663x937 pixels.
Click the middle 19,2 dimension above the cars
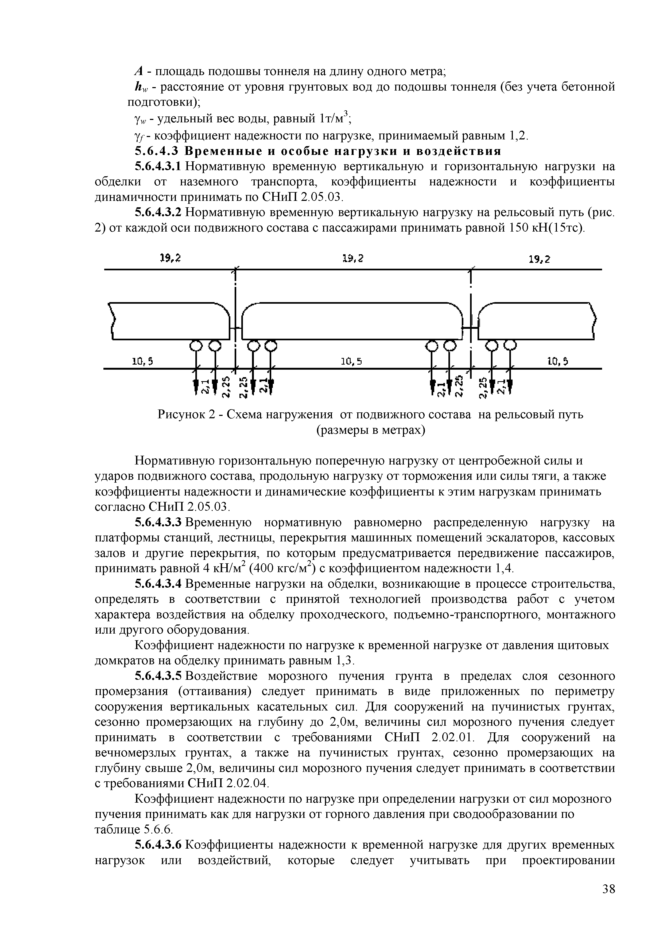[x=353, y=258]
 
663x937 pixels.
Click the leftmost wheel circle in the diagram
[x=196, y=346]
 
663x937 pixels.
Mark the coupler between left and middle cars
[x=235, y=328]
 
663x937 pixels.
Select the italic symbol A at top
[x=138, y=72]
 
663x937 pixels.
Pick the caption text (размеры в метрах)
[x=371, y=430]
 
